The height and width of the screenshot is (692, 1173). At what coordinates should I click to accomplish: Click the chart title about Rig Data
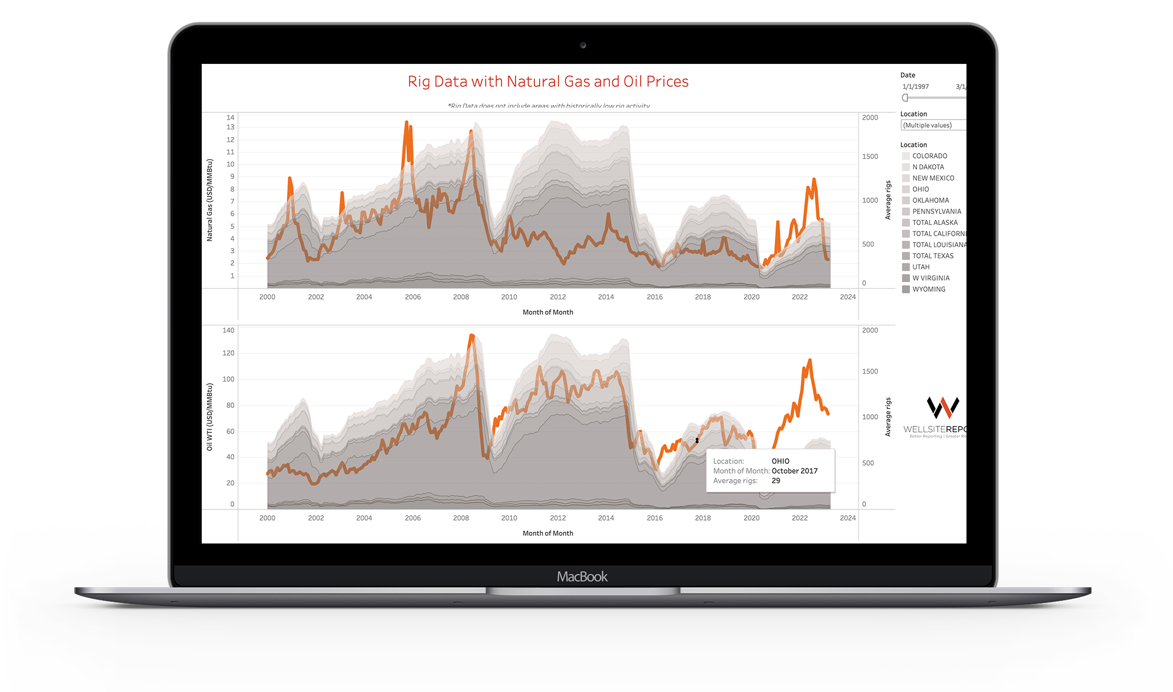click(548, 81)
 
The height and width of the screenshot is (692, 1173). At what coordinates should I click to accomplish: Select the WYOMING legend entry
click(929, 289)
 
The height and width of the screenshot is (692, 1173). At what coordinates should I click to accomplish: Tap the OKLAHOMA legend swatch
click(906, 201)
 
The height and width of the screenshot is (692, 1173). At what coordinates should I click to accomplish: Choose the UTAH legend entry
click(921, 267)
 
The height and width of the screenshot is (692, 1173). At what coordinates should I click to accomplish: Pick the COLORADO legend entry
click(929, 156)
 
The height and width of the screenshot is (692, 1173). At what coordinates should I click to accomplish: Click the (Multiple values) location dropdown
click(932, 125)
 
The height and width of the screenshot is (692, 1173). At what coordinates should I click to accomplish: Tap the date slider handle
click(905, 97)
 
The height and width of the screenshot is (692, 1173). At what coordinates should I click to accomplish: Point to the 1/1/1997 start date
click(915, 87)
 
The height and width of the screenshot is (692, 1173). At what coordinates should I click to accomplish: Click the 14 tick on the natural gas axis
click(230, 118)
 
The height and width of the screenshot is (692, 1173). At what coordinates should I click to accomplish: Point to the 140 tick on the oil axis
click(228, 331)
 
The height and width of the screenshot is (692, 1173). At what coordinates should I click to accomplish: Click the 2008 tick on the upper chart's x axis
click(461, 297)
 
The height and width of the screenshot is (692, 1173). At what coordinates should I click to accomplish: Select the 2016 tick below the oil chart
click(655, 518)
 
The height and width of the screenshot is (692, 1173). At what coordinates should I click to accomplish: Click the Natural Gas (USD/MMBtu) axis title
click(210, 200)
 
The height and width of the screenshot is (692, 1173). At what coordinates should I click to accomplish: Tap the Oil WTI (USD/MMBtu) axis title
click(210, 417)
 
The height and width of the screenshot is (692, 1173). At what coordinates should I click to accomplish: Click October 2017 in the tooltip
click(794, 471)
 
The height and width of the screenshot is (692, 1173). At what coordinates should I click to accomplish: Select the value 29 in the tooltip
click(776, 481)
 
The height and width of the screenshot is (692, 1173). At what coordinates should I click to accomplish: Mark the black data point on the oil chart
click(697, 440)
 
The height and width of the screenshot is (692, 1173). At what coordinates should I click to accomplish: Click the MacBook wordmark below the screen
click(582, 576)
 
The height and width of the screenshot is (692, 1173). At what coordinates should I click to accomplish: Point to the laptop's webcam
click(583, 45)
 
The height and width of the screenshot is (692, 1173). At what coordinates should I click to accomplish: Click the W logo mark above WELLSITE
click(943, 407)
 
